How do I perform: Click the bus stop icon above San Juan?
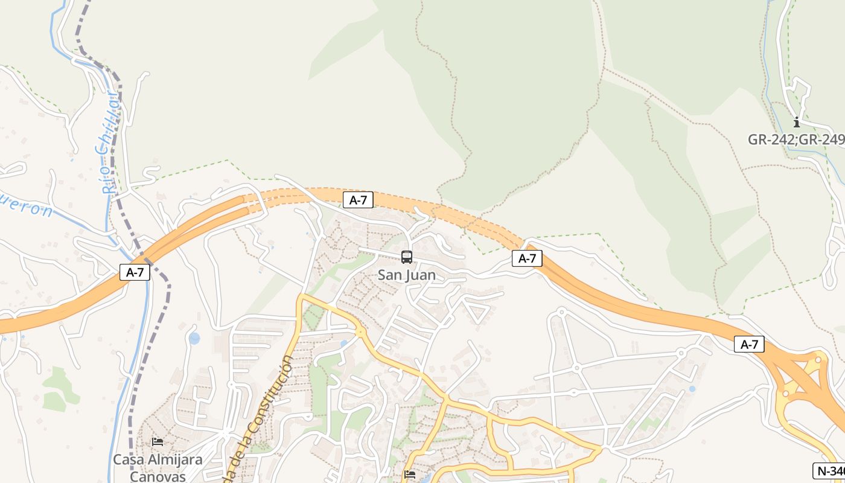[407, 257]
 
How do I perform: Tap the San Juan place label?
[406, 275]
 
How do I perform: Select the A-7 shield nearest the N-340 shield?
[749, 344]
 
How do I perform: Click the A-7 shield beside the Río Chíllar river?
[135, 272]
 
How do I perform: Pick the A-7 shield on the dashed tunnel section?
[358, 200]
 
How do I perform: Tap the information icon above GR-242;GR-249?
[797, 123]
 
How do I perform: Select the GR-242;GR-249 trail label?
[796, 139]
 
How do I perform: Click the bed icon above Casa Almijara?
[158, 442]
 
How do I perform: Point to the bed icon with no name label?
[410, 475]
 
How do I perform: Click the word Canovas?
[158, 476]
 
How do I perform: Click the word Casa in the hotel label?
[128, 459]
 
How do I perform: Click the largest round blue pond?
[194, 338]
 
